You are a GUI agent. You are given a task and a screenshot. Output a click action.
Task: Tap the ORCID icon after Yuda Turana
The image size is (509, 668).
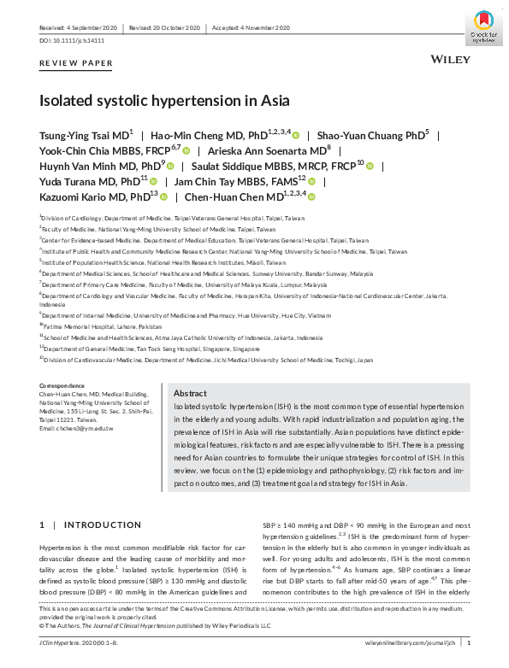[x=155, y=182]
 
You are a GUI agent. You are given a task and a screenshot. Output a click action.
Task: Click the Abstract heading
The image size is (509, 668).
[x=190, y=393]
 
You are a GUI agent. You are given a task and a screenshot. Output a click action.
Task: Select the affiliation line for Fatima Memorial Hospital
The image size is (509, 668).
[x=90, y=325]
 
